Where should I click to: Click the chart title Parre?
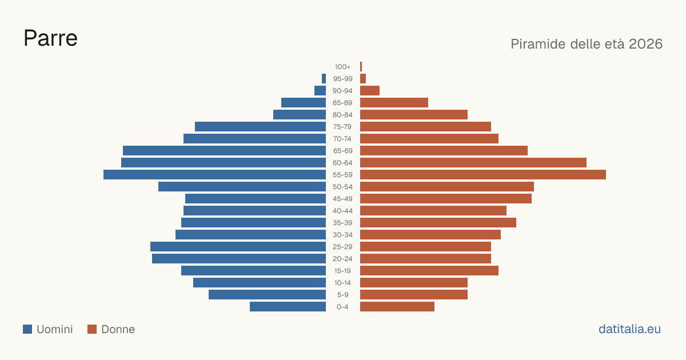(x=50, y=38)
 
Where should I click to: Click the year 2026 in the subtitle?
(x=645, y=44)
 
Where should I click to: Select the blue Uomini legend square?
(x=27, y=329)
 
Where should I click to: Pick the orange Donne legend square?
(x=92, y=329)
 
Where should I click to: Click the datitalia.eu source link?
(x=629, y=329)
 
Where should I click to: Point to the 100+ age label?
(x=342, y=67)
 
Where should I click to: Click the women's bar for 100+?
(x=361, y=67)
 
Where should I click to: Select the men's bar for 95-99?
(x=324, y=79)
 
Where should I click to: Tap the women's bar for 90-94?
(x=370, y=91)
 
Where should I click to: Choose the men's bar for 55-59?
(x=215, y=175)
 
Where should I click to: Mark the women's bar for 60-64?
(x=473, y=162)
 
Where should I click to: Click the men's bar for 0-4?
(x=288, y=307)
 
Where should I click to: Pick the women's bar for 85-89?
(x=394, y=102)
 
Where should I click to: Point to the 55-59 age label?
(x=342, y=175)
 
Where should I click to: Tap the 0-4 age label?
(x=342, y=307)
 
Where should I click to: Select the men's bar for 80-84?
(x=300, y=115)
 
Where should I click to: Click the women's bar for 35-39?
(x=438, y=222)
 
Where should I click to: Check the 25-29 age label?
(x=342, y=247)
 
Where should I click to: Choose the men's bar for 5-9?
(x=268, y=295)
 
